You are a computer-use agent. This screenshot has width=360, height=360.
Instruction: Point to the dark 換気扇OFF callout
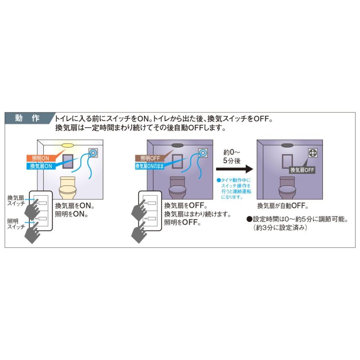pos(302,170)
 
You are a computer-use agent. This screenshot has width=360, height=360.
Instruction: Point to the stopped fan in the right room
pos(313,153)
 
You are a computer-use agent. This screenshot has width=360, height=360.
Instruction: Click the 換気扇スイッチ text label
pos(16,200)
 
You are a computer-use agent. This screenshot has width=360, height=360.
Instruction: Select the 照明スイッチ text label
pos(16,224)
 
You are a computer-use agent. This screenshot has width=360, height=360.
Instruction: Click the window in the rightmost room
pos(287,161)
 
